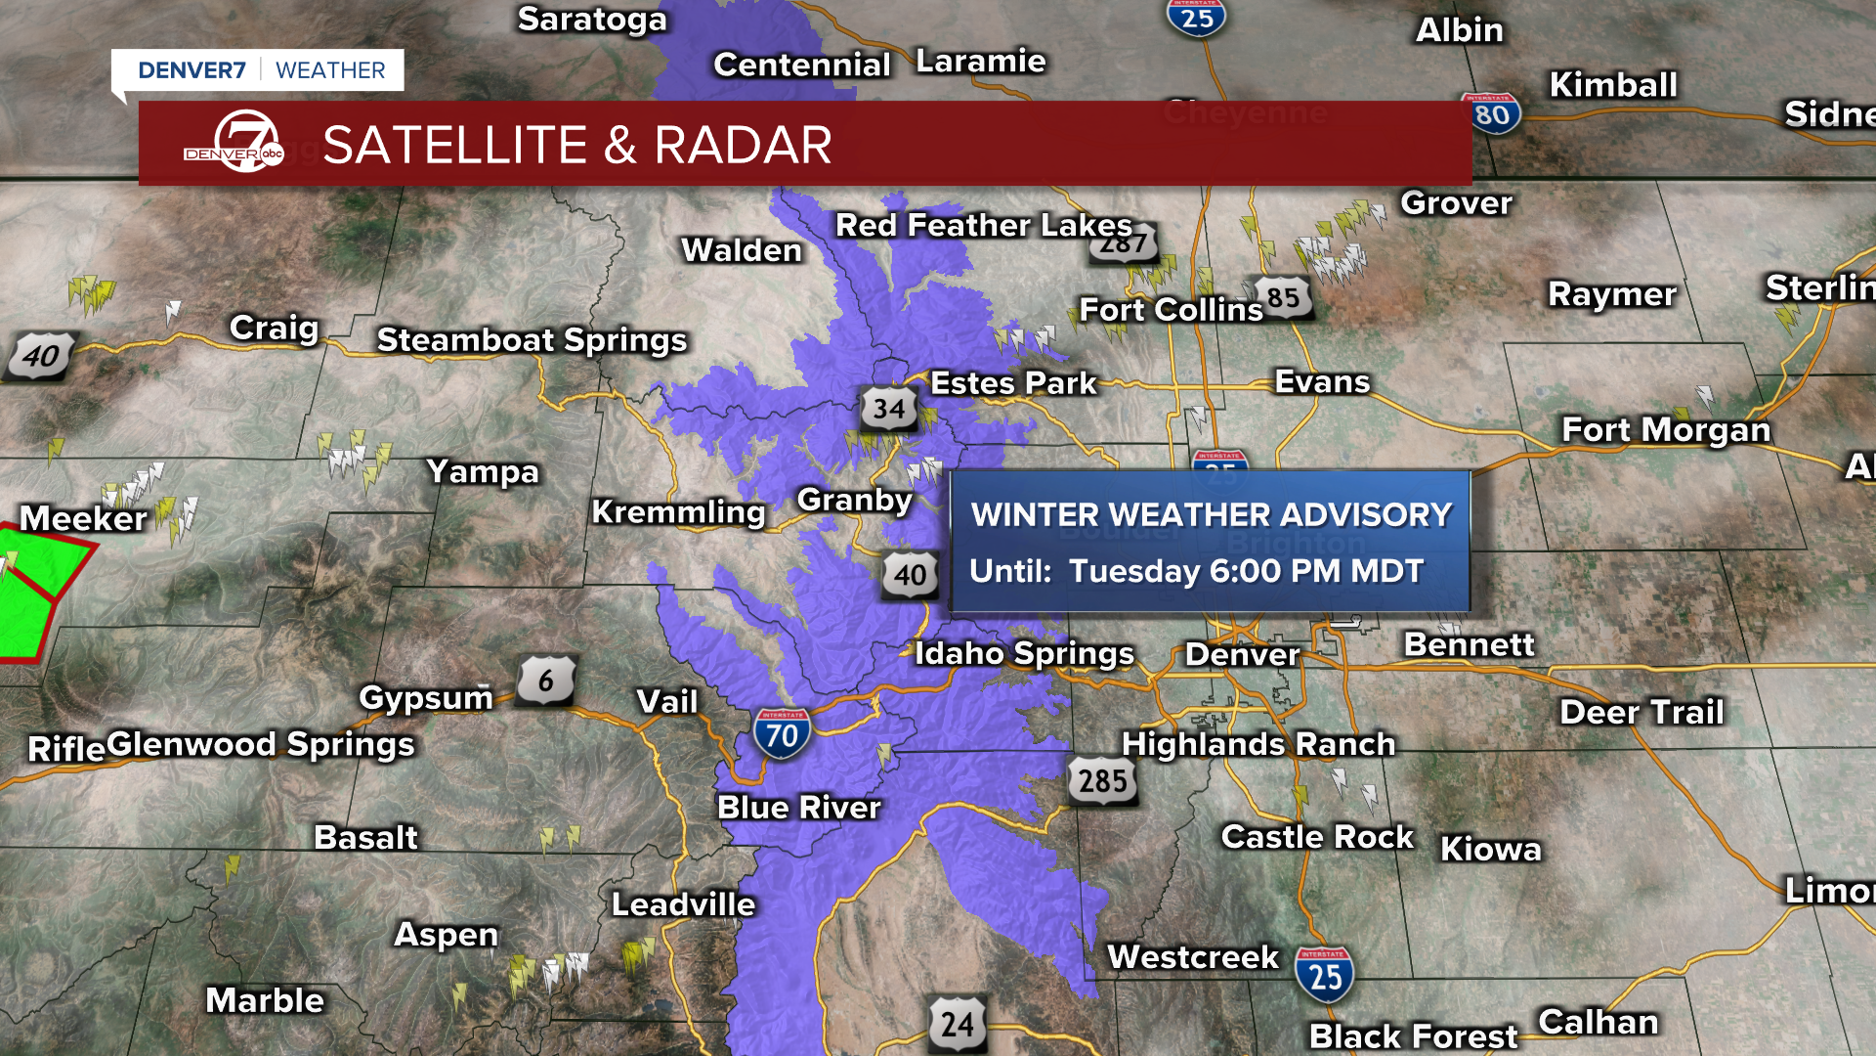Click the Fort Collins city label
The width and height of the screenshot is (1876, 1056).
(1171, 311)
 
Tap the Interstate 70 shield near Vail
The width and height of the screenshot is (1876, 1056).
(782, 733)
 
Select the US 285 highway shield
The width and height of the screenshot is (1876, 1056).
(1103, 780)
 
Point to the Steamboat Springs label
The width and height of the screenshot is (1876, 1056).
(532, 340)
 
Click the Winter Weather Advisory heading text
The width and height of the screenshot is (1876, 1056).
(1212, 515)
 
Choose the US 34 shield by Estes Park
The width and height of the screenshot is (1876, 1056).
(888, 409)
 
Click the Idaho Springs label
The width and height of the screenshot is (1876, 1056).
(1024, 653)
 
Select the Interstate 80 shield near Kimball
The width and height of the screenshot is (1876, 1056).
(1492, 114)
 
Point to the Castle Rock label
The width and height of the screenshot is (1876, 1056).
(1317, 837)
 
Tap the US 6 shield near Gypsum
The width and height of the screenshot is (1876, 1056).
(545, 681)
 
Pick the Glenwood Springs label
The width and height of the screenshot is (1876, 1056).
(261, 745)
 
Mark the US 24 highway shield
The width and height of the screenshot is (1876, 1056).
(957, 1024)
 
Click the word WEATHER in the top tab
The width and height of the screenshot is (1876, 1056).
(330, 70)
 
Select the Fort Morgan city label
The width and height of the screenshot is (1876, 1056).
(1666, 430)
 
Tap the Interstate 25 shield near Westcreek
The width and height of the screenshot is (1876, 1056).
(1325, 975)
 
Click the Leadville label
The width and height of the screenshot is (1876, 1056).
(683, 904)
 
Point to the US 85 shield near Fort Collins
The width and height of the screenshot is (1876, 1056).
(1283, 298)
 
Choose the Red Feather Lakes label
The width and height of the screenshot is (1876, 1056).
(983, 226)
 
